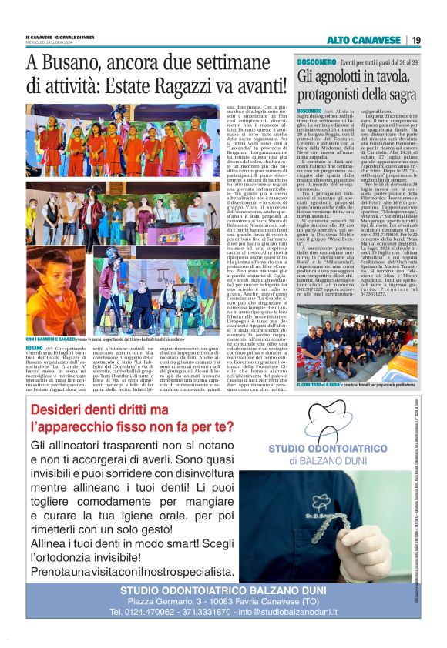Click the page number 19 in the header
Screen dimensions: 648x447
click(415, 40)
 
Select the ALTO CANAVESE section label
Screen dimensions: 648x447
click(365, 40)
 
